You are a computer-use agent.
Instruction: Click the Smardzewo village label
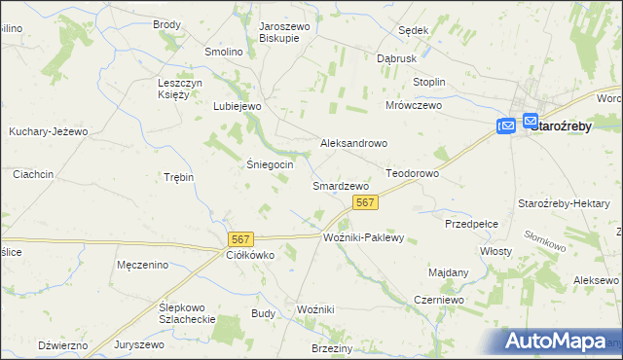pyautogui.click(x=340, y=185)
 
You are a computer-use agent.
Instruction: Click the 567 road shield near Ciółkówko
pyautogui.click(x=240, y=238)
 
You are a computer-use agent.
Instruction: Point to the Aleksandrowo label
pyautogui.click(x=354, y=143)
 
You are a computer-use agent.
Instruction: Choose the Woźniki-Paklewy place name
pyautogui.click(x=362, y=237)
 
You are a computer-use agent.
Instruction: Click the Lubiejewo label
pyautogui.click(x=238, y=106)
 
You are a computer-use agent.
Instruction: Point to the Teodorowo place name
pyautogui.click(x=413, y=173)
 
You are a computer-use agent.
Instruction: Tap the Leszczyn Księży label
pyautogui.click(x=179, y=89)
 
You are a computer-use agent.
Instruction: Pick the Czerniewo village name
pyautogui.click(x=437, y=301)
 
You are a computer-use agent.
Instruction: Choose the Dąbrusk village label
pyautogui.click(x=397, y=58)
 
